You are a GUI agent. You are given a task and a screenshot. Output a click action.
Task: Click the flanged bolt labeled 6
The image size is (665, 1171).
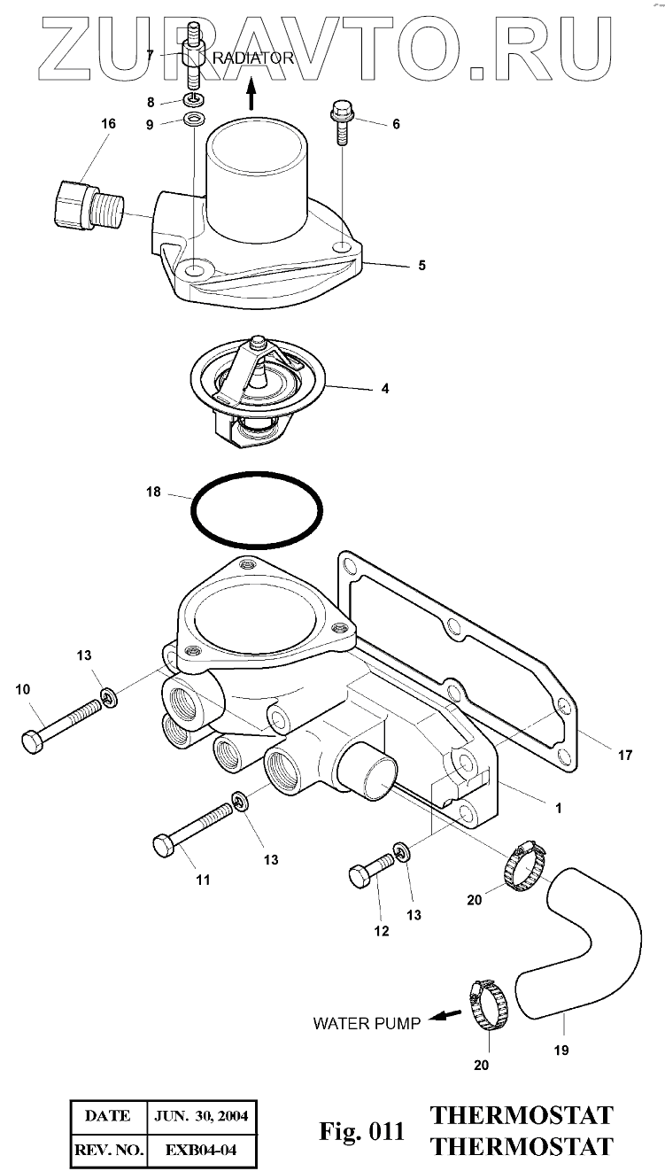[x=342, y=125]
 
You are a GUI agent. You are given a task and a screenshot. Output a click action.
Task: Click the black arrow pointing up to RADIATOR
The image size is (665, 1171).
[x=251, y=92]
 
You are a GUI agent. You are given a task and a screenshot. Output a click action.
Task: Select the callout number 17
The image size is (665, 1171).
[x=625, y=756]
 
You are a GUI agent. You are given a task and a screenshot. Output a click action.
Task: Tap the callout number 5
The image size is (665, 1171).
[x=421, y=265]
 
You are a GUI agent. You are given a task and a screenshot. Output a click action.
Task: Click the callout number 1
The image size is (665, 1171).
[x=558, y=808]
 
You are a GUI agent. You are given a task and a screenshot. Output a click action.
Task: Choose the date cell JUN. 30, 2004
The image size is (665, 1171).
[x=200, y=1116]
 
